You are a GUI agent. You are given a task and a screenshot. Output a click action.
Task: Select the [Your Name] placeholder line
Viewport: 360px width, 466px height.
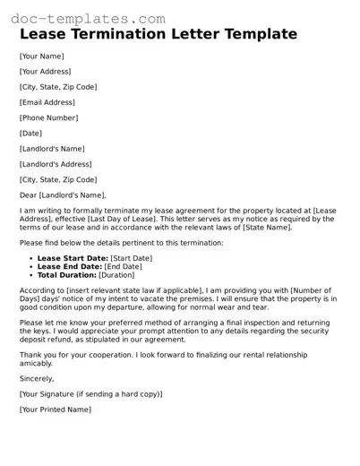(x=41, y=56)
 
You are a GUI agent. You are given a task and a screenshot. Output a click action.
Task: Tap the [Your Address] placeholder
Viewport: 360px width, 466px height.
(x=45, y=71)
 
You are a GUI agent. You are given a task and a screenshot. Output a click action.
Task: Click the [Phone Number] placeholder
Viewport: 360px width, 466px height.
(x=49, y=117)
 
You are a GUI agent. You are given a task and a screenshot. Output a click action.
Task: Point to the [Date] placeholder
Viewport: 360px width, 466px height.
(x=30, y=133)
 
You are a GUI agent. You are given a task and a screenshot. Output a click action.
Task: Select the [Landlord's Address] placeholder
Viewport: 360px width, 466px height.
(x=56, y=164)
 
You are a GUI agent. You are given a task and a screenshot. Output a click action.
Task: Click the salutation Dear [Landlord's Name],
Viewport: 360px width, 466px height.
(x=63, y=194)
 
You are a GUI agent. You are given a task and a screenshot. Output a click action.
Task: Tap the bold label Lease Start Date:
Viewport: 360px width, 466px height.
(x=71, y=258)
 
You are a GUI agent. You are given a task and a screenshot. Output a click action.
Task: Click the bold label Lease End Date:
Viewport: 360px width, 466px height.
(x=69, y=266)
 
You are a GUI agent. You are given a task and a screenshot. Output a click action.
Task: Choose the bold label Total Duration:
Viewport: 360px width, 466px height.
(x=67, y=274)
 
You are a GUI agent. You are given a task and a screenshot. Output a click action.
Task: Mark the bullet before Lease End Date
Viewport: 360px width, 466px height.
(x=31, y=266)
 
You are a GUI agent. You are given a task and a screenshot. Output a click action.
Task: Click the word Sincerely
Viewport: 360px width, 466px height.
(x=37, y=378)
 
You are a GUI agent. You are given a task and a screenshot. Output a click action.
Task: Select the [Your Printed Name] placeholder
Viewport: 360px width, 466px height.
(x=56, y=409)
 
